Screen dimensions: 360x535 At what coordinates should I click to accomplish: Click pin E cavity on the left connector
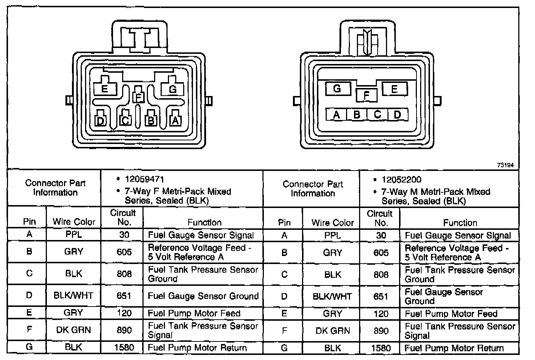click(105, 88)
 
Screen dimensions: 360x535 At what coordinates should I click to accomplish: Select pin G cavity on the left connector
click(173, 89)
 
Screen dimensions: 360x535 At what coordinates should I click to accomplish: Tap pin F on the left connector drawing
click(138, 97)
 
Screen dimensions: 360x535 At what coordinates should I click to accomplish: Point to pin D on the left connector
click(101, 120)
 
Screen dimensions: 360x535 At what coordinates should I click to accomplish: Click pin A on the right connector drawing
click(337, 115)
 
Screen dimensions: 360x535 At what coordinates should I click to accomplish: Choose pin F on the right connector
click(366, 95)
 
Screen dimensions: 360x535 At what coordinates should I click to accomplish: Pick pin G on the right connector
click(337, 89)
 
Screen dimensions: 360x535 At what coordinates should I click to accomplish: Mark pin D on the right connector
click(397, 115)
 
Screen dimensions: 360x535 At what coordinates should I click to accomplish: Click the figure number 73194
click(505, 165)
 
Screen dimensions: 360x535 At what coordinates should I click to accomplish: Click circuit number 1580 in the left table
click(124, 347)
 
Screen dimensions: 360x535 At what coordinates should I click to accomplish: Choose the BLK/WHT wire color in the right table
click(332, 296)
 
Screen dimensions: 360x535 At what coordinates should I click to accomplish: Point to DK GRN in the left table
click(73, 330)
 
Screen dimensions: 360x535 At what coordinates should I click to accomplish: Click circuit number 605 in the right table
click(381, 253)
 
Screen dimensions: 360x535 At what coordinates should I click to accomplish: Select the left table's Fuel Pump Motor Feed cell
click(194, 313)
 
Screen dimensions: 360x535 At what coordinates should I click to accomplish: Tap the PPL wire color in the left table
click(73, 235)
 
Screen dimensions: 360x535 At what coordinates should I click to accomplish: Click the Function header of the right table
click(460, 223)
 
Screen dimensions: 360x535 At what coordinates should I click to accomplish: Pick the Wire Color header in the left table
click(74, 222)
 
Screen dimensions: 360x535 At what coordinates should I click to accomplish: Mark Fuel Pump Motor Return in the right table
click(454, 348)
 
